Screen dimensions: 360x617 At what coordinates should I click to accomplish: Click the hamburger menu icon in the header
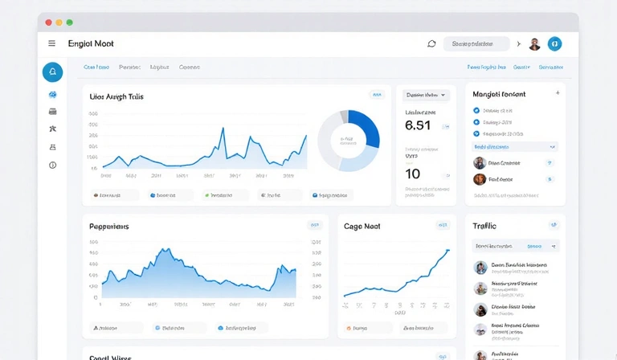coord(52,43)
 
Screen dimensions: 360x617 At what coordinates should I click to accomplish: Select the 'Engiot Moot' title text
coord(92,43)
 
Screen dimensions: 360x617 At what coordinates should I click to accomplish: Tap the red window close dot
coord(48,22)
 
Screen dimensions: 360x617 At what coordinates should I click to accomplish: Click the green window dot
coord(69,22)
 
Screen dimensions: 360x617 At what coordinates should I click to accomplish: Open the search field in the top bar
coord(476,43)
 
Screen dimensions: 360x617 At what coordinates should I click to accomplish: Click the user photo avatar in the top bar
coord(534,44)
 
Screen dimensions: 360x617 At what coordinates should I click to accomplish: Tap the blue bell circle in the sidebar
coord(52,72)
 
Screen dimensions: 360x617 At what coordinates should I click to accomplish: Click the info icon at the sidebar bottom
coord(53,165)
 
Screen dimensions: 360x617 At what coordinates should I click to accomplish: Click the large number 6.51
coord(418,125)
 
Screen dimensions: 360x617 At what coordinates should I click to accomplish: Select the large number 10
coord(413,174)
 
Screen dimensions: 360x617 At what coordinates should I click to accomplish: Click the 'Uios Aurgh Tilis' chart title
coord(116,96)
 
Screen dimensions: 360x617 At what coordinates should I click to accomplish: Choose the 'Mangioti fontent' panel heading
coord(499,94)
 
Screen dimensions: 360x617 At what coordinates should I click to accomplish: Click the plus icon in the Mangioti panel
coord(558,93)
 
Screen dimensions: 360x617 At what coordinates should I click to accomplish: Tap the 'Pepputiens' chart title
coord(109,227)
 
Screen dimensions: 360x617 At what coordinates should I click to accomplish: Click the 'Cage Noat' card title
coord(362,227)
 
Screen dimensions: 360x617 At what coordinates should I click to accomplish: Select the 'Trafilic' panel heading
coord(484,227)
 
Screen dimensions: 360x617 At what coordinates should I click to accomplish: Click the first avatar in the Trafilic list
coord(480,268)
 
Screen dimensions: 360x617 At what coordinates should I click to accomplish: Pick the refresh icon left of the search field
coord(431,43)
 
